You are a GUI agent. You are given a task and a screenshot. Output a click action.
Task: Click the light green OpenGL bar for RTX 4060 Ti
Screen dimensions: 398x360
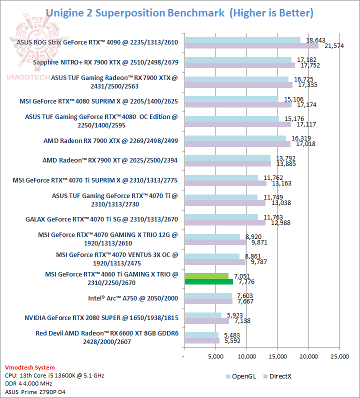[206, 275]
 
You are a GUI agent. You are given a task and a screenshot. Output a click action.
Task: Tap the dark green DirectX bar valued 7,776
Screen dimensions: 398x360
[208, 281]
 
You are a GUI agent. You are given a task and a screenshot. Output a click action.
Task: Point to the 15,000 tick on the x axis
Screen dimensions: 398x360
[277, 356]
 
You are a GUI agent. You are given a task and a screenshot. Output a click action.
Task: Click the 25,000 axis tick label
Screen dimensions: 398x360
[339, 356]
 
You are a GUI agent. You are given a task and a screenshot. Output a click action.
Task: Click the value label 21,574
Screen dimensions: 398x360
[334, 46]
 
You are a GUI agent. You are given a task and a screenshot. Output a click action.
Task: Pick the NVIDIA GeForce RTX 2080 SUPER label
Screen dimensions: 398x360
[101, 317]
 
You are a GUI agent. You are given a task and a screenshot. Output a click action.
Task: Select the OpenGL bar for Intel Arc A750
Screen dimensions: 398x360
[208, 295]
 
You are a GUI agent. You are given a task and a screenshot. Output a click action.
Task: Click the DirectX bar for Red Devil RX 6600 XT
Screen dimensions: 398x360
[201, 340]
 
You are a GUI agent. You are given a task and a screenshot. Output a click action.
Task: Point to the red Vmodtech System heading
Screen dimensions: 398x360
[30, 367]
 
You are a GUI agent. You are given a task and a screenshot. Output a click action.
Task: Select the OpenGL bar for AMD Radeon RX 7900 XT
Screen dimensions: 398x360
[227, 157]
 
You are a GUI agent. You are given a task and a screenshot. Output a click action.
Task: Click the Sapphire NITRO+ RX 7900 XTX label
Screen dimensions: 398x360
[105, 63]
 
